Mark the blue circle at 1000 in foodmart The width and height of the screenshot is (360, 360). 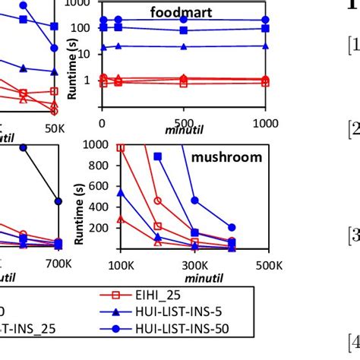tap(265, 21)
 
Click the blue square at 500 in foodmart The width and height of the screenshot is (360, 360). tap(183, 30)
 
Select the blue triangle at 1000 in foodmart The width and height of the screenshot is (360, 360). tap(265, 46)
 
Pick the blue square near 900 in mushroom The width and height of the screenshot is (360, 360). tap(158, 156)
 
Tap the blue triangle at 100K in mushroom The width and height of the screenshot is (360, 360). tap(121, 193)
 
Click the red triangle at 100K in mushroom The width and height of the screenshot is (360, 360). tap(121, 219)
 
